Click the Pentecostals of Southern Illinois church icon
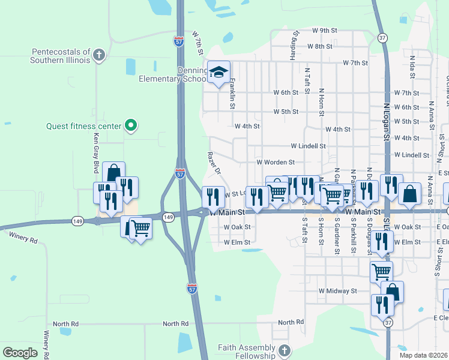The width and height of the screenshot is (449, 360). (100, 56)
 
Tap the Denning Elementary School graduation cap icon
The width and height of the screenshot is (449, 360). (219, 73)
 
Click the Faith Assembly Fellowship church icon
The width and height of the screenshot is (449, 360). (284, 350)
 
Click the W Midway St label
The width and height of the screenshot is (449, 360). (337, 291)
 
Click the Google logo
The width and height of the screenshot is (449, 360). (20, 352)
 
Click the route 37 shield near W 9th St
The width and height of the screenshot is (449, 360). (382, 38)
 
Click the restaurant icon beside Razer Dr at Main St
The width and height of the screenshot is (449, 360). (212, 196)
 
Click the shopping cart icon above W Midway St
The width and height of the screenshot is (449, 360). (381, 271)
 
